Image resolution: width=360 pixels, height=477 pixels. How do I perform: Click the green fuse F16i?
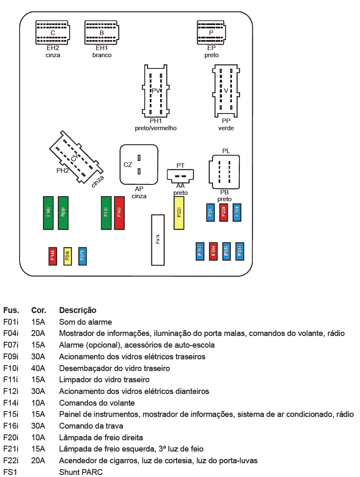(48, 213)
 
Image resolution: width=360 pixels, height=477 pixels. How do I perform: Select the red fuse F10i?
(119, 213)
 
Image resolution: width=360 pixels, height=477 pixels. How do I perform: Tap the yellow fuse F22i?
(179, 213)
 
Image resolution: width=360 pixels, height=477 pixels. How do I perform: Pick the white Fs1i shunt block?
(158, 240)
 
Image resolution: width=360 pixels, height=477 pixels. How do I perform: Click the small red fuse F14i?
(53, 256)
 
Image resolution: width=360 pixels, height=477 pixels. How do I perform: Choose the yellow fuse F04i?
(68, 256)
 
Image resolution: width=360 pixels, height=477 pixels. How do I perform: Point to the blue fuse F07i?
(82, 256)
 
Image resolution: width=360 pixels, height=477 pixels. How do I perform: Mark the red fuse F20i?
(224, 212)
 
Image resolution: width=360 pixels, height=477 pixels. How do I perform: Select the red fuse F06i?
(213, 252)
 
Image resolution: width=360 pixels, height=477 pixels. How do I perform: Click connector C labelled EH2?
(53, 33)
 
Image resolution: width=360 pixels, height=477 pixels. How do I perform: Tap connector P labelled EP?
(211, 33)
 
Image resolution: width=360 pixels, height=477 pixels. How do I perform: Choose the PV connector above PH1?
(156, 90)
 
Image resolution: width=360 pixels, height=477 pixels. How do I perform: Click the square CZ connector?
(139, 164)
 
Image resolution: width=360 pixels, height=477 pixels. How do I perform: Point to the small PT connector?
(180, 175)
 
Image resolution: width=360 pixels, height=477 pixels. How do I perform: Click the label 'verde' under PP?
(226, 128)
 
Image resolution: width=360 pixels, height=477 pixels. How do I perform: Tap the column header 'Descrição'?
(78, 310)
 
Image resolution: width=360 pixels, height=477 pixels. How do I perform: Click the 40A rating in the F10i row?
(38, 368)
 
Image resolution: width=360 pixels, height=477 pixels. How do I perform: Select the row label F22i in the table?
(11, 461)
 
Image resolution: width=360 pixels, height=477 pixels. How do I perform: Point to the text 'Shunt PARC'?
(81, 472)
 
